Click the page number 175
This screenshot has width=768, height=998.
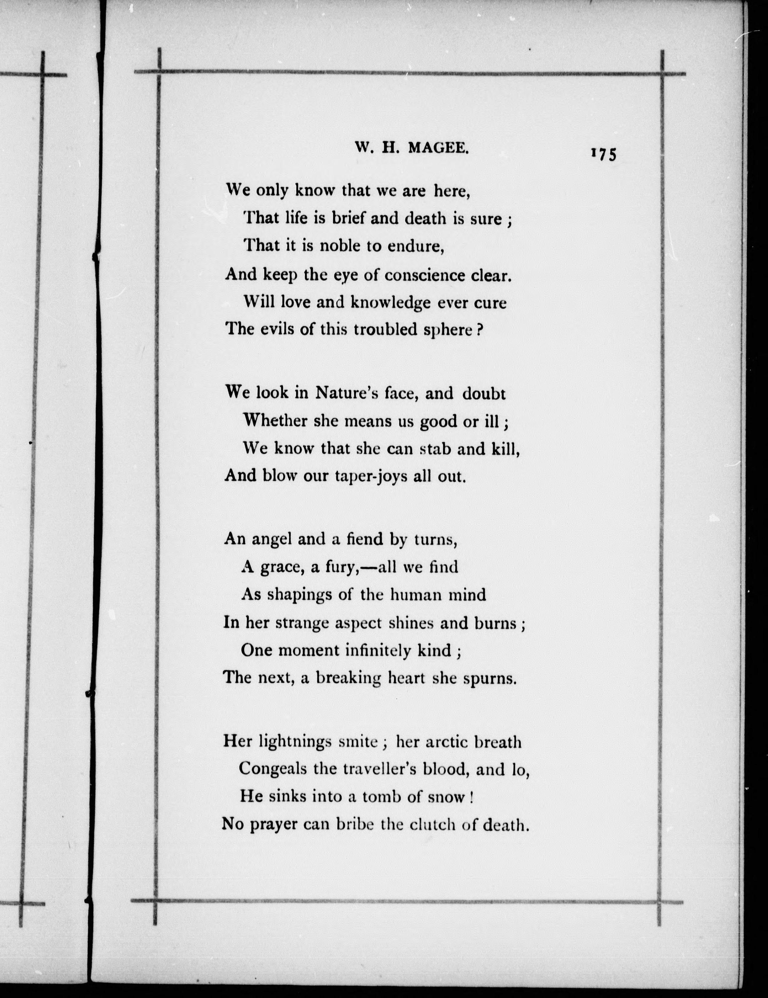(x=603, y=154)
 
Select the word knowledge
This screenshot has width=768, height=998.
(x=390, y=303)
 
